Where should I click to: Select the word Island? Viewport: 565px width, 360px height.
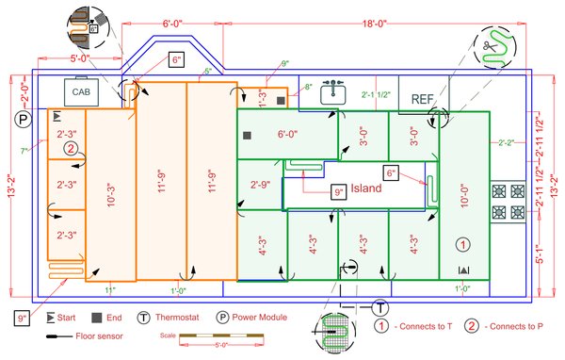pos(366,188)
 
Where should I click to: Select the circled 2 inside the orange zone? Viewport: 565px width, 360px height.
pos(70,148)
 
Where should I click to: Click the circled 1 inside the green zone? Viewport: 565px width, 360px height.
pos(462,244)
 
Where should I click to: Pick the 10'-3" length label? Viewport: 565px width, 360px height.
pos(112,196)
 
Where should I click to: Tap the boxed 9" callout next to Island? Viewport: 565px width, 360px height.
pos(339,192)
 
